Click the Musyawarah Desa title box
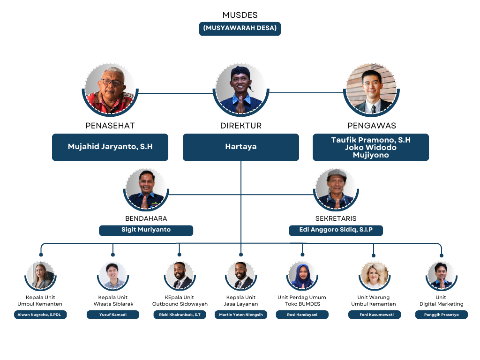click(240, 28)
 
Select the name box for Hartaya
click(241, 147)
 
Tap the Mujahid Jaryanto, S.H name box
click(110, 147)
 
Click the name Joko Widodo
click(371, 147)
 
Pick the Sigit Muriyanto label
click(146, 230)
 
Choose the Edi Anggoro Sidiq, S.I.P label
click(336, 230)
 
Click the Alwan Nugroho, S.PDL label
click(40, 315)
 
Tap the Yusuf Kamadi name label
click(113, 315)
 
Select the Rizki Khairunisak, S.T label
click(180, 315)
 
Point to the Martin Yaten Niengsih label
click(241, 315)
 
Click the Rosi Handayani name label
click(302, 315)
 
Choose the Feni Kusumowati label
click(375, 315)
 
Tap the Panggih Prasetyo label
click(442, 315)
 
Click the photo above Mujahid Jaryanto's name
click(111, 89)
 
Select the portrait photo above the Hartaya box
click(241, 89)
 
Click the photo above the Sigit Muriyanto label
click(146, 189)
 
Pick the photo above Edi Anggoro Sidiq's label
click(336, 189)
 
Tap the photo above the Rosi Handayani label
click(302, 275)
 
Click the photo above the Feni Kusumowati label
click(375, 275)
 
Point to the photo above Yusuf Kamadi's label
click(113, 275)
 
